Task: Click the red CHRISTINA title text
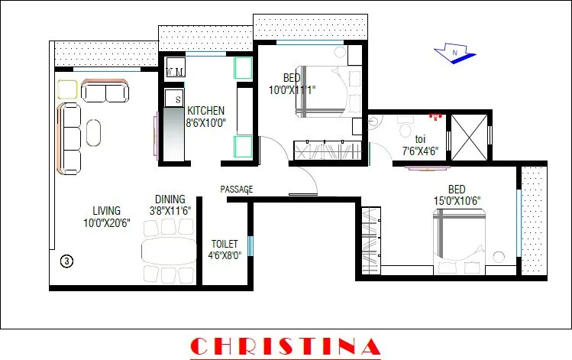coord(285,346)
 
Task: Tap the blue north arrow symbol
coord(454,53)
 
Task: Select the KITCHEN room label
coord(205,110)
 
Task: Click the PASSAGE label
coord(236,189)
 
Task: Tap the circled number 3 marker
coord(66,261)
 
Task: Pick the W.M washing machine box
coord(173,72)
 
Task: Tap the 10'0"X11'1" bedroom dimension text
coord(291,89)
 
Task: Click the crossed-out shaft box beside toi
coord(470,138)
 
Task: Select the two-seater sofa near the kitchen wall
coord(105,92)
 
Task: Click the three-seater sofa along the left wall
coord(69,138)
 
